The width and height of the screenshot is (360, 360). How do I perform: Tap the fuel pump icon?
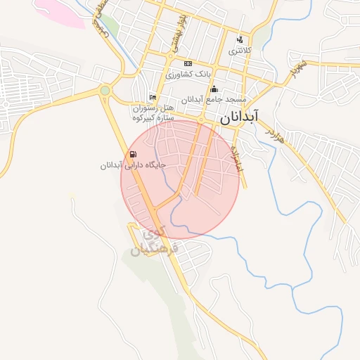click(x=132, y=155)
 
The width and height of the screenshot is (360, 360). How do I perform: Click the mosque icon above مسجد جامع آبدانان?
click(x=214, y=89)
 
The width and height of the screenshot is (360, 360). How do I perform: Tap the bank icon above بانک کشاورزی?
click(x=188, y=64)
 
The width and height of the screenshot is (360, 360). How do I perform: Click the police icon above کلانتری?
click(x=240, y=40)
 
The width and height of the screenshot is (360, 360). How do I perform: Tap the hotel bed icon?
click(x=153, y=97)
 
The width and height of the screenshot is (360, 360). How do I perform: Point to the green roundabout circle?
click(x=105, y=90)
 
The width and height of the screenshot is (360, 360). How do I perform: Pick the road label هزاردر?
click(x=276, y=134)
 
